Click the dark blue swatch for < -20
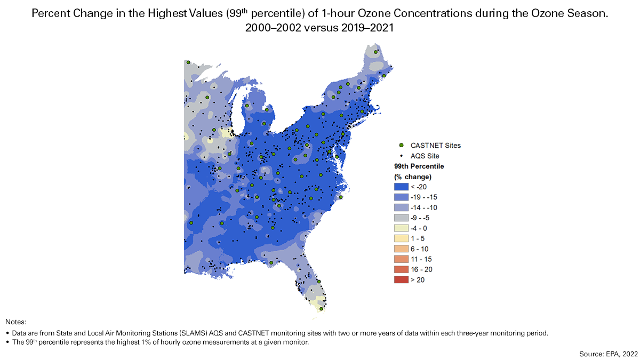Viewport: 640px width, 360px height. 401,187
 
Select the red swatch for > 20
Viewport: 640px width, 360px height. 401,279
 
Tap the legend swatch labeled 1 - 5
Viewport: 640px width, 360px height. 401,238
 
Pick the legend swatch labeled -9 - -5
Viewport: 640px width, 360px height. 401,218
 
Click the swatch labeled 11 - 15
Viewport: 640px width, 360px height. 401,259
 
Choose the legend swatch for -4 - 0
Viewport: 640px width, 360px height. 401,228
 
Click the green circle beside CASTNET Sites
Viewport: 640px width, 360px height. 401,145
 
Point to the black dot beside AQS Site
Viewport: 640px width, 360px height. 401,156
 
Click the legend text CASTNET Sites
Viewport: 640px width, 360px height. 436,145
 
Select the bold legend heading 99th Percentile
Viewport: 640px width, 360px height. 419,166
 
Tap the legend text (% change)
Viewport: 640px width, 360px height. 412,177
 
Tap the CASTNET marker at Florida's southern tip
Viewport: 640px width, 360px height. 321,308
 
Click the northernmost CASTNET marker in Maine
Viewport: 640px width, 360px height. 376,52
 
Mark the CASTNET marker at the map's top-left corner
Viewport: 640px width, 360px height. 188,62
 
